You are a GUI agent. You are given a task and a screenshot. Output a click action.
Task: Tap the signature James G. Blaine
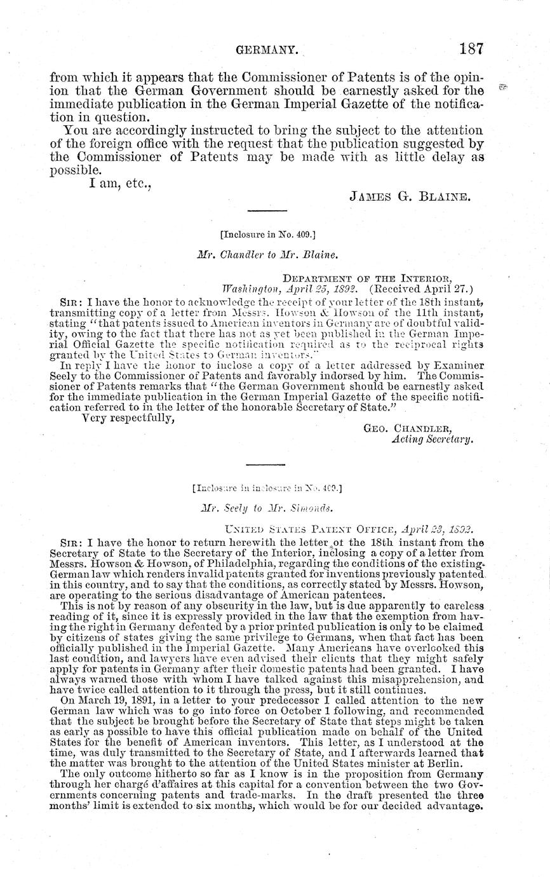[410, 196]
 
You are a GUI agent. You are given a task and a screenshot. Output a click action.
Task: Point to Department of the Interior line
[366, 278]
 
